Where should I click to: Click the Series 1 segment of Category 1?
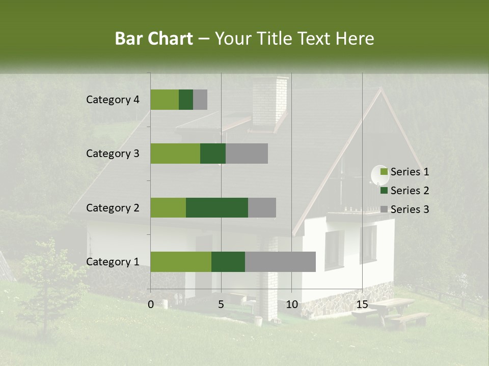point(180,262)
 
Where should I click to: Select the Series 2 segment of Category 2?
point(216,207)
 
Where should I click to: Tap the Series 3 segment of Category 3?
point(247,154)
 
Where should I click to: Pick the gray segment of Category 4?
point(200,100)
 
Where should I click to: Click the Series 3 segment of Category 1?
point(280,262)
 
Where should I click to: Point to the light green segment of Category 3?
point(175,154)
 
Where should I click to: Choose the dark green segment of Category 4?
point(186,100)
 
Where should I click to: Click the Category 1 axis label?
point(113,262)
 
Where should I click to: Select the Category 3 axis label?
point(113,154)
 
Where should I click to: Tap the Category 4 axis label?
point(113,100)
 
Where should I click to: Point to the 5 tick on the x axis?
point(221,304)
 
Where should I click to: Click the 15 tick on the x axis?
point(362,304)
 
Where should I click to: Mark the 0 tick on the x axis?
point(151,304)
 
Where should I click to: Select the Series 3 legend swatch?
point(384,209)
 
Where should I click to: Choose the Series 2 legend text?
point(410,191)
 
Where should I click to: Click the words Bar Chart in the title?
point(154,39)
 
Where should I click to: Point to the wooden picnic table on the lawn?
point(392,310)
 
